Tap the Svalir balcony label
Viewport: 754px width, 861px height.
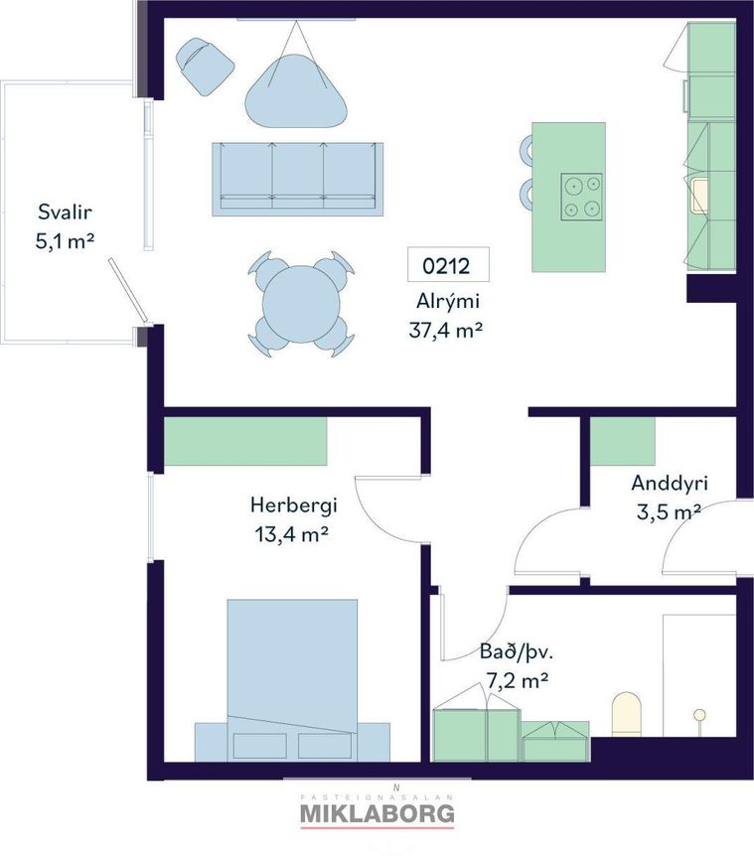[65, 212]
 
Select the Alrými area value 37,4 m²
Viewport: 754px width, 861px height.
[445, 330]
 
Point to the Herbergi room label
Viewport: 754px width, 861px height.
[293, 505]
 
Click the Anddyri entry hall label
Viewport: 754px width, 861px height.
[670, 484]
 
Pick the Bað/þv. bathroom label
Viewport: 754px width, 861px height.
[517, 652]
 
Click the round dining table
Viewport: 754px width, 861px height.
[301, 304]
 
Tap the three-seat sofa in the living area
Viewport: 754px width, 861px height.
[298, 179]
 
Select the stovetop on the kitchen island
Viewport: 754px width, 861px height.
[581, 197]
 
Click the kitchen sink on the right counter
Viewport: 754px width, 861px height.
[700, 196]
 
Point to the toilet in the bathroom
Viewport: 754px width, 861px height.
[627, 714]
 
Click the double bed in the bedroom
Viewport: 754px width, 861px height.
[292, 680]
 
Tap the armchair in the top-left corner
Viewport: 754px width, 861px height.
[205, 66]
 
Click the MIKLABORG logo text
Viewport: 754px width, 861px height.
[377, 813]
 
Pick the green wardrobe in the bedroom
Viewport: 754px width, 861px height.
[245, 441]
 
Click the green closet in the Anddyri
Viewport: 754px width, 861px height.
[622, 441]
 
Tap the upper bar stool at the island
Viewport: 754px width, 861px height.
[526, 149]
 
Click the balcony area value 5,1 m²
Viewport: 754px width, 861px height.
[65, 241]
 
